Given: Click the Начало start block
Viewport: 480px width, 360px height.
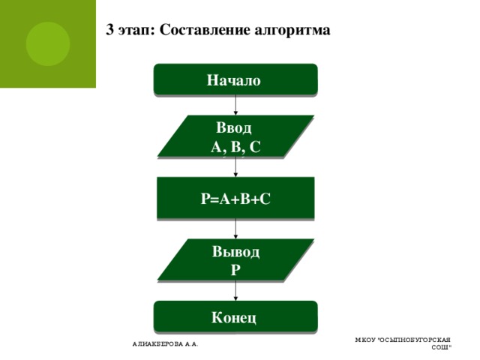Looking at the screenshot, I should (x=235, y=80).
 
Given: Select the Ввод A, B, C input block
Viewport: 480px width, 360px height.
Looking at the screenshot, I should (x=235, y=136).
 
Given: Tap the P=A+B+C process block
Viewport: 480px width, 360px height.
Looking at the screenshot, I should (x=235, y=198).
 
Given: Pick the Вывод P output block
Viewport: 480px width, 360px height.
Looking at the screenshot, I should (x=235, y=259).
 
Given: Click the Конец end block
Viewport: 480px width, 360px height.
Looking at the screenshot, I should (x=235, y=316).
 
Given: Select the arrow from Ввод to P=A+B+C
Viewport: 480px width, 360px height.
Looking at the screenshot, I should (x=235, y=167).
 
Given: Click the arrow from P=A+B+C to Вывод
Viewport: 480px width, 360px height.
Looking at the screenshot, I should (x=235, y=229).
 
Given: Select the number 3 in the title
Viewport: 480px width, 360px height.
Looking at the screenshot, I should (x=110, y=31).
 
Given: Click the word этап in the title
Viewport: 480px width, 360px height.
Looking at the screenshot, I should (x=136, y=31).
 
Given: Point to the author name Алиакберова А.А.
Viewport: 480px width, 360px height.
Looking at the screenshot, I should (x=165, y=344).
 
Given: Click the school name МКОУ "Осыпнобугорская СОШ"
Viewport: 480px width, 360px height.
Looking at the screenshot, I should (x=403, y=343).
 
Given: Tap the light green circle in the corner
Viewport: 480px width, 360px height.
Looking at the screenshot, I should (x=47, y=43).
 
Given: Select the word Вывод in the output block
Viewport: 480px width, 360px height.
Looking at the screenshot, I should (x=235, y=251).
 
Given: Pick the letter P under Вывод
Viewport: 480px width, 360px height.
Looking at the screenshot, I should (x=235, y=268).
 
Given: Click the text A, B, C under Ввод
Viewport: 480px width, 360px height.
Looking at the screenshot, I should (x=235, y=146).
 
